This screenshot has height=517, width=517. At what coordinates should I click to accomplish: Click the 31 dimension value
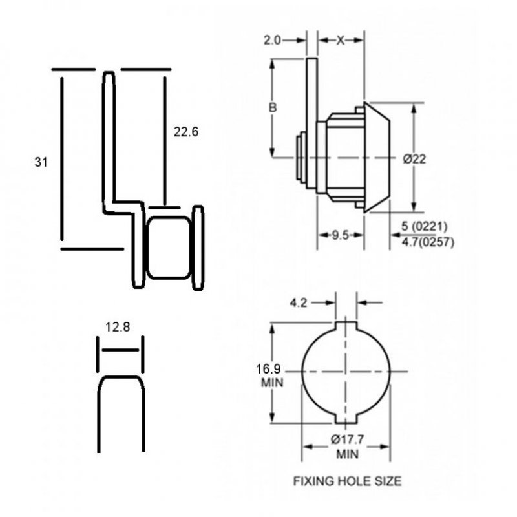tap(41, 162)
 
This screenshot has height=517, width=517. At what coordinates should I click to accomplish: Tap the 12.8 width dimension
tap(118, 328)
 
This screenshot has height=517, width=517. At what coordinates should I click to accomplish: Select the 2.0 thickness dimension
tap(272, 40)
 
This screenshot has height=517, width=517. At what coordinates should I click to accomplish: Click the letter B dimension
tap(273, 107)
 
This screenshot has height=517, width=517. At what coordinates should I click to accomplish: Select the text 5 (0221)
tap(425, 226)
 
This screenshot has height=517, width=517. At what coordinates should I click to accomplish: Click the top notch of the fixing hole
tap(347, 322)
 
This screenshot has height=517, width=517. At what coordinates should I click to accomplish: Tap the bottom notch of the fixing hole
tap(347, 419)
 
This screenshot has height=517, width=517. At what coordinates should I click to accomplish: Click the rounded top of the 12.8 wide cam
tap(120, 381)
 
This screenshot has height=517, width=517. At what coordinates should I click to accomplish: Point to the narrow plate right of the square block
tap(198, 247)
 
